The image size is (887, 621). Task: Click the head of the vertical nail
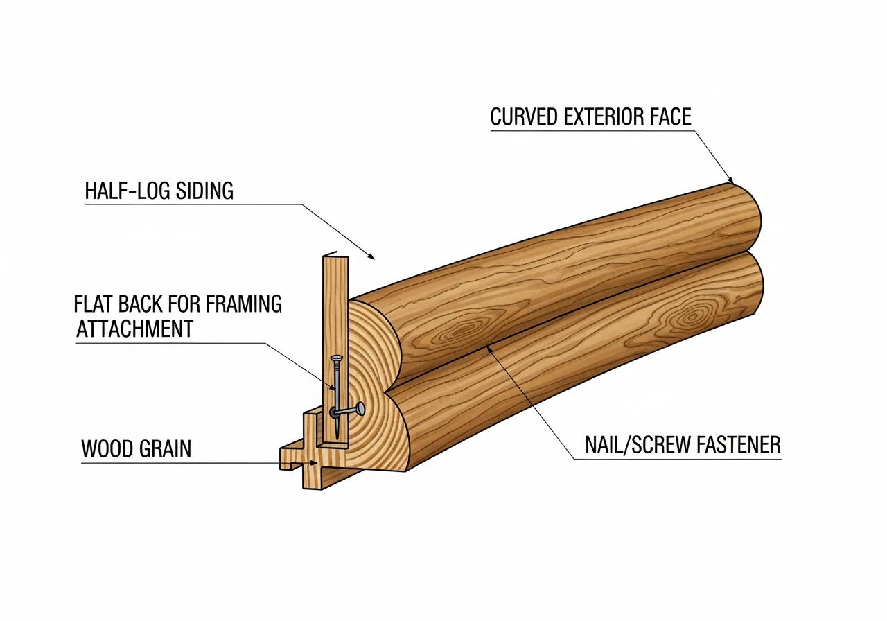(337, 358)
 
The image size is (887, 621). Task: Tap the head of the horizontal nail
(360, 410)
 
